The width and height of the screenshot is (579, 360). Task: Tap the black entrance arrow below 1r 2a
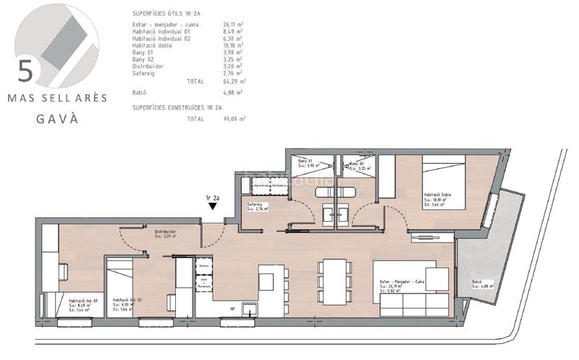click(212, 206)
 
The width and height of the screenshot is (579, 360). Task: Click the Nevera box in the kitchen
click(203, 267)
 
